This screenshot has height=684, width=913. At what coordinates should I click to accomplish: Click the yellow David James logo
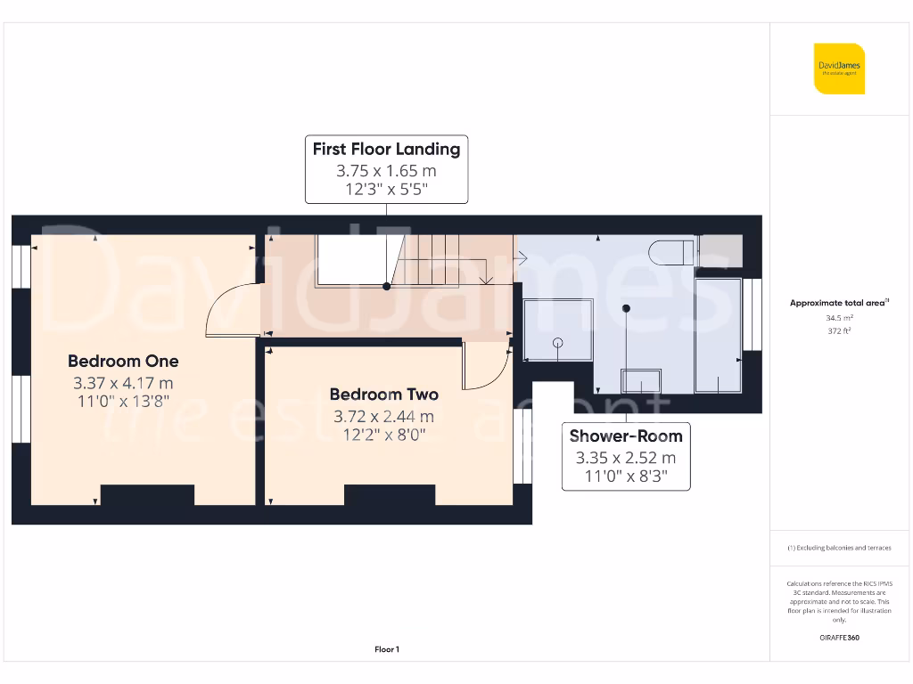click(x=839, y=69)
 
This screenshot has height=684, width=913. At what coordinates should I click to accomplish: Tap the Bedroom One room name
click(x=123, y=361)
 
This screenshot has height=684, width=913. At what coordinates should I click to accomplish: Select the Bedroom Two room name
click(x=383, y=394)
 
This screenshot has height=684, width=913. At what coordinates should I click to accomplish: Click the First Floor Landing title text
click(x=386, y=149)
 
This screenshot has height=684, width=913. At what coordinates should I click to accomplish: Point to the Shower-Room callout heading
click(x=626, y=436)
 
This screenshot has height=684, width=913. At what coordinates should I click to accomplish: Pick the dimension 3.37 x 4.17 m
click(x=123, y=383)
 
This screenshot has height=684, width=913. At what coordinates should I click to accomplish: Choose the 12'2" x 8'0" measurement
click(x=383, y=436)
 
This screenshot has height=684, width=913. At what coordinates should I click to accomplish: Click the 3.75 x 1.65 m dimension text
click(x=386, y=170)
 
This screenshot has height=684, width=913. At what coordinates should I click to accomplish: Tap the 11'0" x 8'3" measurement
click(x=626, y=476)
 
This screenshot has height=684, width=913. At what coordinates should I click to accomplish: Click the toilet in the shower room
click(x=671, y=252)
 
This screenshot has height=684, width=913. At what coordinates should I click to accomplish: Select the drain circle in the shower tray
click(x=558, y=342)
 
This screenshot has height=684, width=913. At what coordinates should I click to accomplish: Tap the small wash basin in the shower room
click(x=641, y=381)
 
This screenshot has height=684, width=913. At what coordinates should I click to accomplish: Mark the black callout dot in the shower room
click(x=626, y=308)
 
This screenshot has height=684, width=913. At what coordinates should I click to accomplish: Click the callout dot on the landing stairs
click(x=386, y=287)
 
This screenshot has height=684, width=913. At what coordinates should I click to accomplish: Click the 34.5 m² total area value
click(x=838, y=317)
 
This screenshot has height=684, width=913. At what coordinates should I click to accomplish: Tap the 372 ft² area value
click(x=838, y=330)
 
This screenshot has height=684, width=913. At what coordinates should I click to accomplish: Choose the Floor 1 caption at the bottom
click(x=386, y=649)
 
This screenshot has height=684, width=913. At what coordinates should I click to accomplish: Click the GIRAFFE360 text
click(x=838, y=638)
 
